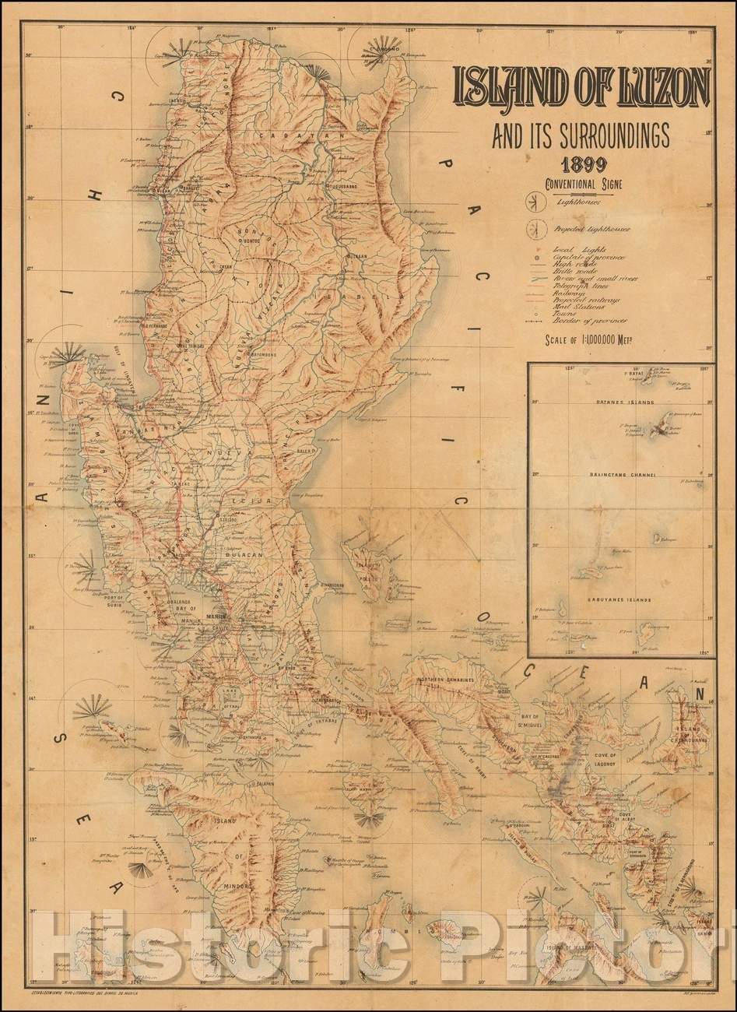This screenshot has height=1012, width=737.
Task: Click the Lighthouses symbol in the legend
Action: [535, 204]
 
